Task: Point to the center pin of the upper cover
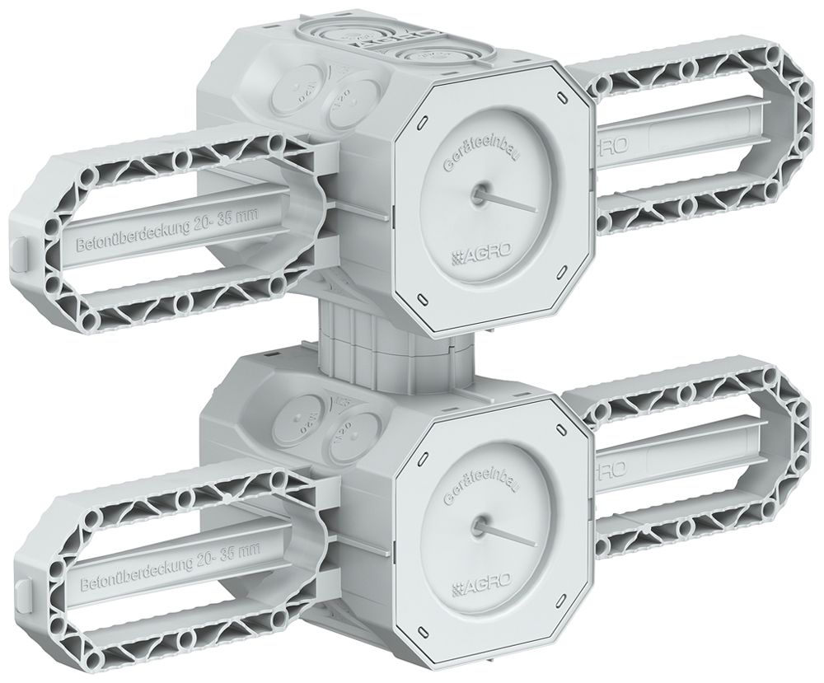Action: click(x=477, y=194)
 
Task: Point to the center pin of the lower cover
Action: click(x=477, y=523)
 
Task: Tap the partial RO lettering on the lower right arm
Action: click(x=615, y=470)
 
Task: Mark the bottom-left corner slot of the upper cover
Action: click(x=422, y=296)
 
